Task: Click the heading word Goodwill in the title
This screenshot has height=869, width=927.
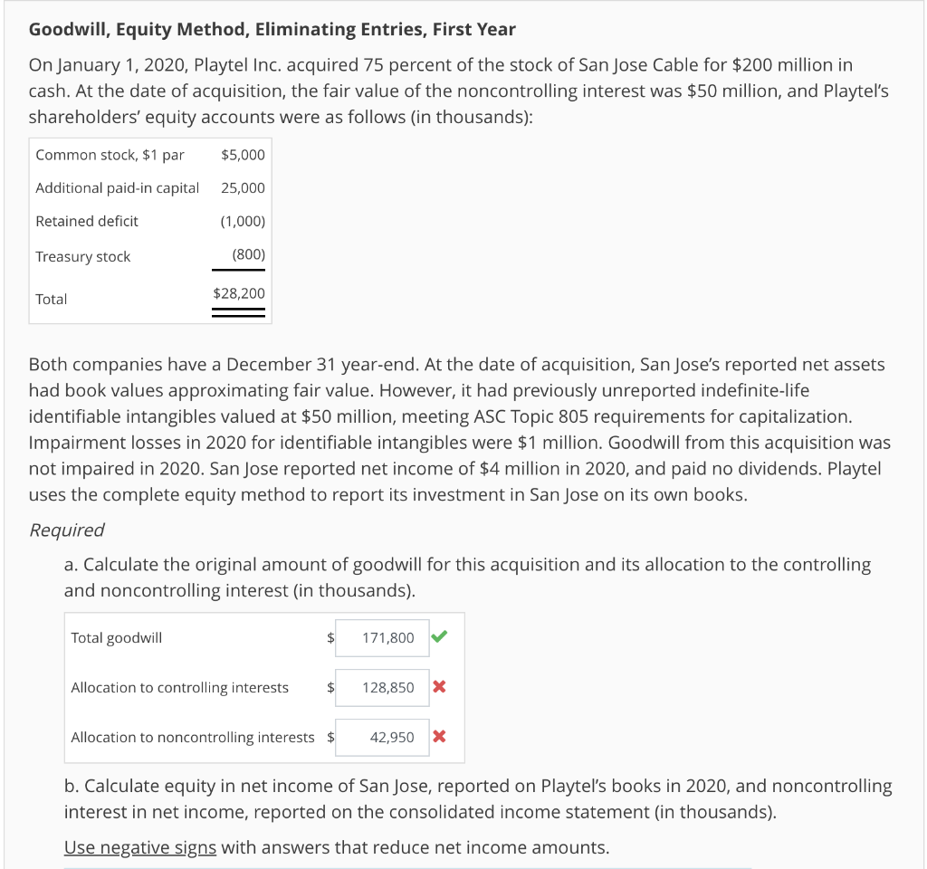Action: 64,29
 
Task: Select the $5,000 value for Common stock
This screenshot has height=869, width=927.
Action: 243,155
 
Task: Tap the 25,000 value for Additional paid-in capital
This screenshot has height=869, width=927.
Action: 243,188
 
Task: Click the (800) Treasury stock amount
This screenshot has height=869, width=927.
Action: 248,255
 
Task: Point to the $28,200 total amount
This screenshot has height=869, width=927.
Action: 239,293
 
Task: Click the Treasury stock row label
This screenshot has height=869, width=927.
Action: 82,257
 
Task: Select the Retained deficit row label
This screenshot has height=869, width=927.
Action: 87,221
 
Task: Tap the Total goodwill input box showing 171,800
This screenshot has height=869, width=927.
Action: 388,638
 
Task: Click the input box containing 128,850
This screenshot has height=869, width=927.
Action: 388,688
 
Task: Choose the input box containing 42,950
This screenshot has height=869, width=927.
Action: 392,738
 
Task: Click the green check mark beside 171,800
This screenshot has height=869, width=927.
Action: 439,637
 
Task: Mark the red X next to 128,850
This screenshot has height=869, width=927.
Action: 439,687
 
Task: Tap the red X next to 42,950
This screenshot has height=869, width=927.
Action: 439,737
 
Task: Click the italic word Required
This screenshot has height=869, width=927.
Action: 67,530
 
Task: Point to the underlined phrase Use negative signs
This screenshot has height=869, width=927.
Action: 140,848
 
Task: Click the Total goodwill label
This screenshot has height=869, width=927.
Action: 117,638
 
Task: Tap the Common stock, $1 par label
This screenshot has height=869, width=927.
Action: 110,155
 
